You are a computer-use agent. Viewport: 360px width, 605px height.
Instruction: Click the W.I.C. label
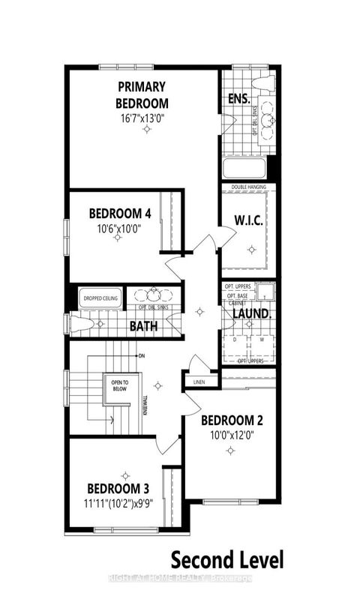tap(248, 221)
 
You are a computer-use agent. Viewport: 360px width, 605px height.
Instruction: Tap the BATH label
tap(142, 327)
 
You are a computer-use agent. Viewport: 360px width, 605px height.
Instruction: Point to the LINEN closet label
tap(199, 382)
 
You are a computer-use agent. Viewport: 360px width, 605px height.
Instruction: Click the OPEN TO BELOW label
tap(115, 385)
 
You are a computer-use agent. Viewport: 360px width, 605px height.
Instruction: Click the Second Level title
tap(227, 559)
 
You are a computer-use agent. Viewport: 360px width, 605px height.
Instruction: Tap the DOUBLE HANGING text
tap(249, 187)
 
